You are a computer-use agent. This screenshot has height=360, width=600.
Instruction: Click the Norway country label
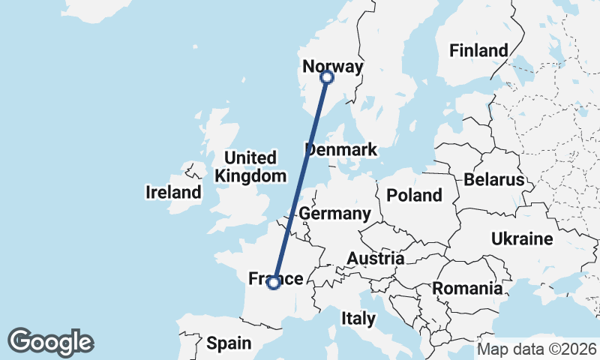[x=332, y=67]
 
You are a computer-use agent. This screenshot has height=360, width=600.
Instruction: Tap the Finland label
[x=478, y=51]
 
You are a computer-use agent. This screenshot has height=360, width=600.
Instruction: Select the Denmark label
[x=342, y=149]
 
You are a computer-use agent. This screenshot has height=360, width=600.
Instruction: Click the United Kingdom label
[x=250, y=166]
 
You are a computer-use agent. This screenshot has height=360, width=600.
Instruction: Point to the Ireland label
[x=173, y=193]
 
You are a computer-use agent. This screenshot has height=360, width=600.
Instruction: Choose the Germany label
[x=334, y=214]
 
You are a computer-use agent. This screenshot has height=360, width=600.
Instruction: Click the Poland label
[x=414, y=196]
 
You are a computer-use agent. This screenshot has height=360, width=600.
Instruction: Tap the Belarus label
[x=493, y=180]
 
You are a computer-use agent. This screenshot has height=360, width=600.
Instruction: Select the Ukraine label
[x=522, y=239]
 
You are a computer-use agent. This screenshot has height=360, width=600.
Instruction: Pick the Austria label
[x=375, y=259]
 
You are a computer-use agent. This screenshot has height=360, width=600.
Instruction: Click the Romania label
[x=467, y=288]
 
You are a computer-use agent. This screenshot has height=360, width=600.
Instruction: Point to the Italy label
[x=358, y=318]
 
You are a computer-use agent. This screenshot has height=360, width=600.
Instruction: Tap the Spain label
[x=228, y=343]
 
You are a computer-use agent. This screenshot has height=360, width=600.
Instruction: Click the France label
[x=275, y=279]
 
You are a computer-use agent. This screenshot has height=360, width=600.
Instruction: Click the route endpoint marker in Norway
[x=326, y=77]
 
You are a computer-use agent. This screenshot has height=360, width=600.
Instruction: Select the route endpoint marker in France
[x=274, y=283]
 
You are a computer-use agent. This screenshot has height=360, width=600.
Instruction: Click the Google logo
[x=51, y=342]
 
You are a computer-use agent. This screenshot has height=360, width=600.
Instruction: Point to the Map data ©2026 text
[x=537, y=349]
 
